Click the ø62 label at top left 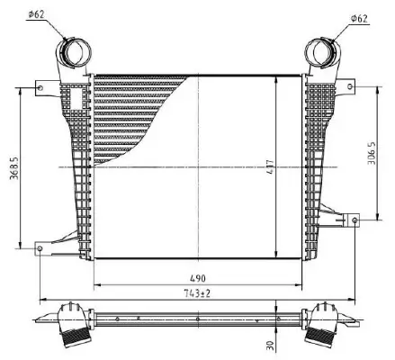[x=37, y=13]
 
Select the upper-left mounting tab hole [x=39, y=86]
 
